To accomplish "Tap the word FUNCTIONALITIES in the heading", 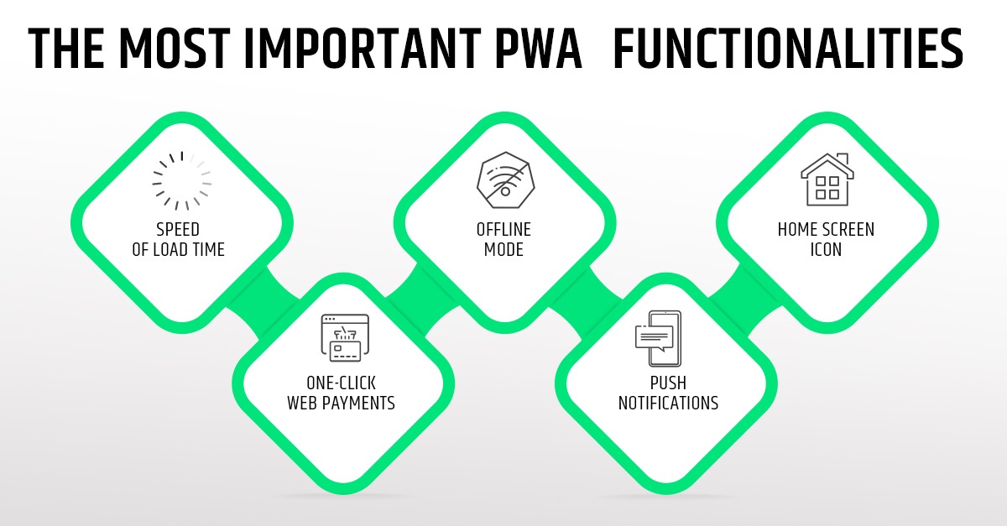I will click(x=788, y=49).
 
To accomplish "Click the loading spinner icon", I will click(x=181, y=180).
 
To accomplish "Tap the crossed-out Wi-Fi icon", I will click(x=503, y=179).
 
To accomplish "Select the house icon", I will click(x=827, y=179).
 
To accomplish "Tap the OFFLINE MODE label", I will click(x=503, y=239).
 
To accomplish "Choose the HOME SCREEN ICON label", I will click(x=826, y=239).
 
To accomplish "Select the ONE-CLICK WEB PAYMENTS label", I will click(x=341, y=392).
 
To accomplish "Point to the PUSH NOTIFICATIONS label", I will click(x=668, y=392).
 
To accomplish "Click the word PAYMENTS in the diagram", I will click(x=362, y=403).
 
